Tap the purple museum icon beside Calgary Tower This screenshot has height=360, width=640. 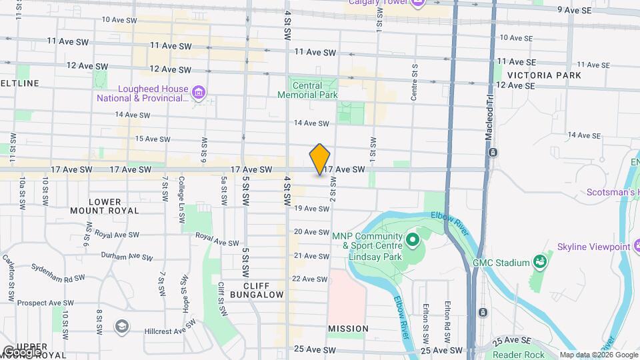(x=419, y=3)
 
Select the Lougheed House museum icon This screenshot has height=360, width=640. (x=198, y=93)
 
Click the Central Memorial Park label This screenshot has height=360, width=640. (x=307, y=90)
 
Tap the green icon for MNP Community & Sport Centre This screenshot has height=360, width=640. (x=412, y=238)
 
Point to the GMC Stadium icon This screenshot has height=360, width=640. (x=540, y=262)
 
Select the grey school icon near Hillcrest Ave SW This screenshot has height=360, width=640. (x=121, y=326)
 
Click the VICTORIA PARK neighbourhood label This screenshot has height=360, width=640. (x=544, y=75)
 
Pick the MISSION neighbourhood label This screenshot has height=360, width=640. (x=348, y=329)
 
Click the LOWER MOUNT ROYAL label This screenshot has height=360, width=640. (x=105, y=206)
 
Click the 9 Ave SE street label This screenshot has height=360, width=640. (x=575, y=10)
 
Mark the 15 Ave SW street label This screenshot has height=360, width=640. (x=153, y=139)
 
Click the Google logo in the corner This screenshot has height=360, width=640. (x=23, y=351)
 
